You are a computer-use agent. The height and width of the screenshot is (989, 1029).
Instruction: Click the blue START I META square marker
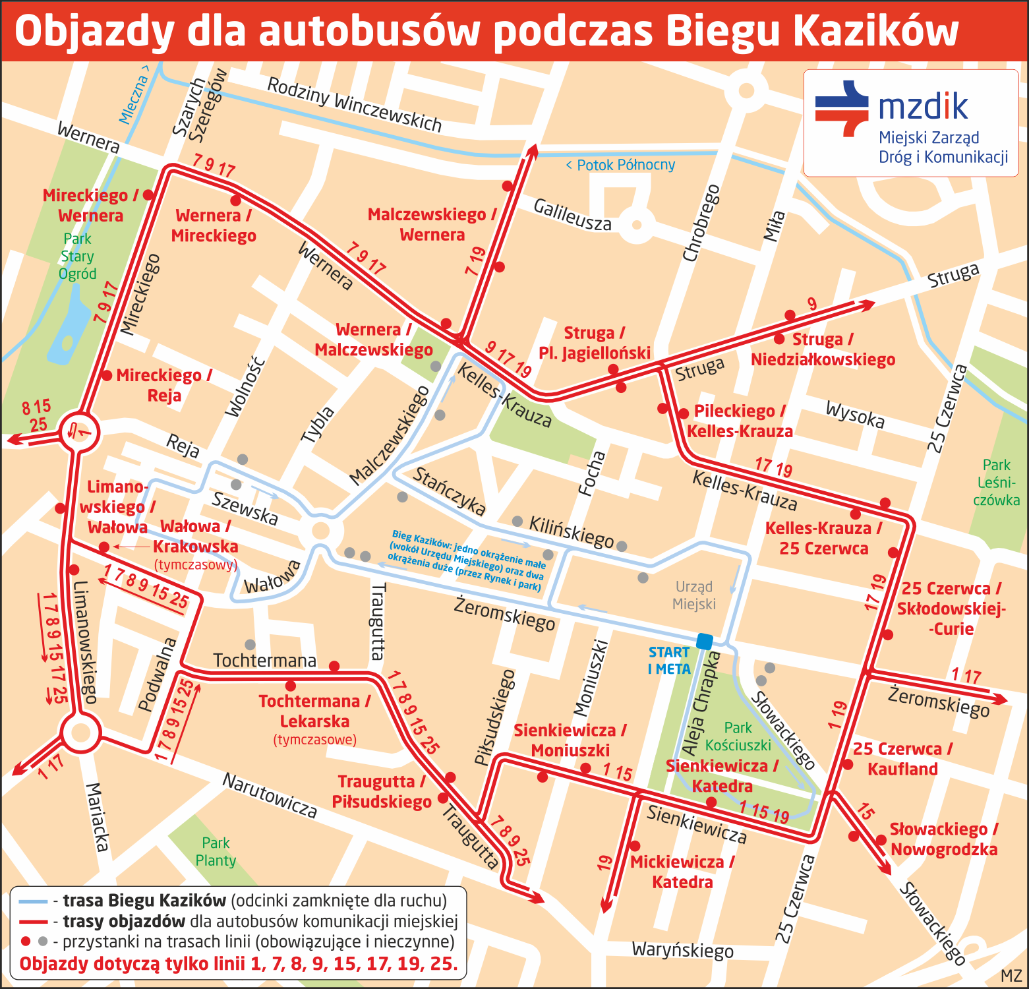(x=705, y=641)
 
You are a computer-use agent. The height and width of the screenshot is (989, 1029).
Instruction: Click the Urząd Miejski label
(x=694, y=595)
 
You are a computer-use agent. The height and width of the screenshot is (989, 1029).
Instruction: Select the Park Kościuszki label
(x=738, y=736)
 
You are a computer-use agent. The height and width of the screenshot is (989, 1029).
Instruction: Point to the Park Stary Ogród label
(x=77, y=256)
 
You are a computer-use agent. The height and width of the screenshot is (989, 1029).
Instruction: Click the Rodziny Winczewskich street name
(x=354, y=104)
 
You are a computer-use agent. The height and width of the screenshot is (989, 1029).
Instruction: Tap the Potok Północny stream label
(x=620, y=165)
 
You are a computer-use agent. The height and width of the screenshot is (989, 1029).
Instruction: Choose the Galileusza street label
(x=572, y=215)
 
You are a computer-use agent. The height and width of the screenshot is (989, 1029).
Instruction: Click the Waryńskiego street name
(x=682, y=950)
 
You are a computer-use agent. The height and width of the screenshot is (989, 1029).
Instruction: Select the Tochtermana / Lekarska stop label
(x=314, y=711)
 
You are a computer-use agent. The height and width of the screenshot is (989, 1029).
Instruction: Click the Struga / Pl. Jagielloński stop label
(x=595, y=343)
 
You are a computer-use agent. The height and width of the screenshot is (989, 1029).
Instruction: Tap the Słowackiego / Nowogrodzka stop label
(x=943, y=839)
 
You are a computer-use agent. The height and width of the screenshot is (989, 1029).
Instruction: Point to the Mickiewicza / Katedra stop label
(x=682, y=872)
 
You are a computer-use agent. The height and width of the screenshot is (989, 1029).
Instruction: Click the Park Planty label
(x=216, y=852)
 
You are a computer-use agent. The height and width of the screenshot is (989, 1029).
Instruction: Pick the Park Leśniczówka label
(x=996, y=483)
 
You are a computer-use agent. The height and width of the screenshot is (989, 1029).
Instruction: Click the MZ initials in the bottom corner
(x=1011, y=976)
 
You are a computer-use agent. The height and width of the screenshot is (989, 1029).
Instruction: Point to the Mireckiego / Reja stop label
(x=163, y=385)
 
